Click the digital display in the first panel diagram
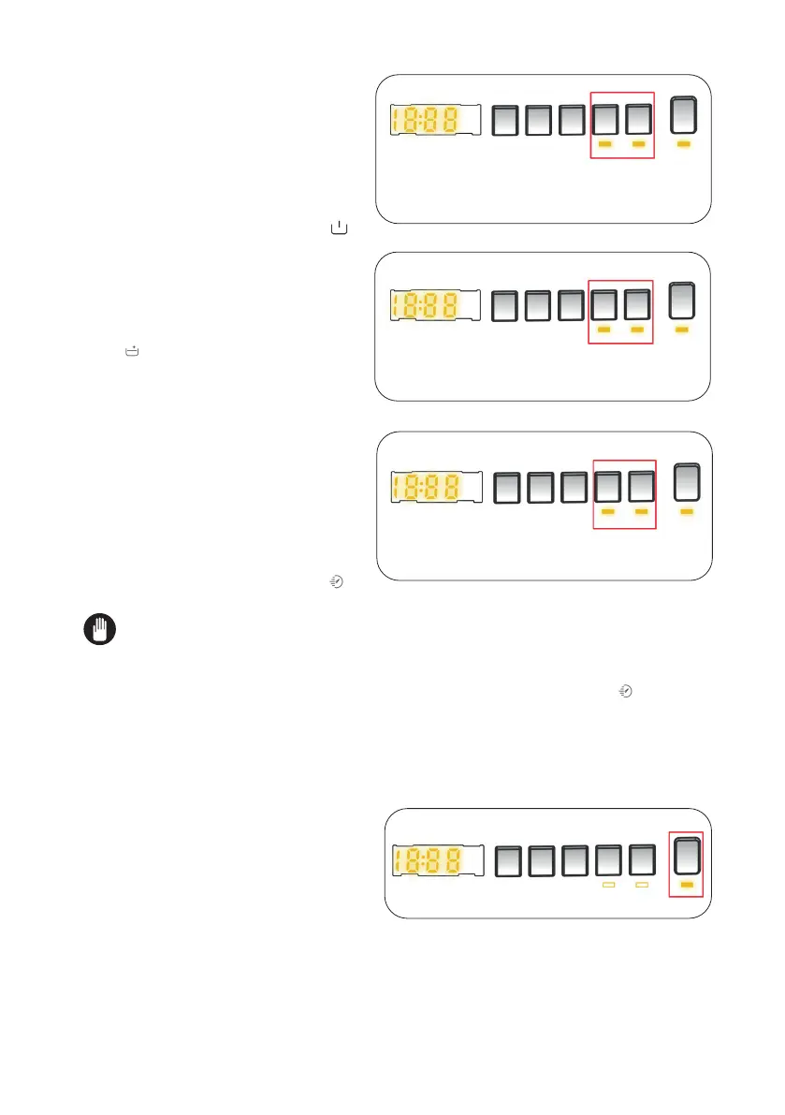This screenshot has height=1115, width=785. pyautogui.click(x=425, y=120)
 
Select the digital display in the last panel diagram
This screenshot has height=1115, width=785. pyautogui.click(x=427, y=862)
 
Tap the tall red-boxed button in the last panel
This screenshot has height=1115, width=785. pyautogui.click(x=688, y=857)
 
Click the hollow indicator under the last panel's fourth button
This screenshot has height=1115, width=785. pyautogui.click(x=608, y=885)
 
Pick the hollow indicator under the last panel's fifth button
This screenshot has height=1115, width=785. pyautogui.click(x=642, y=885)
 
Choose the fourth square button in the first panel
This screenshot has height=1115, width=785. pyautogui.click(x=605, y=120)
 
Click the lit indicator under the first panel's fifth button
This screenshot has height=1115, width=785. pyautogui.click(x=639, y=145)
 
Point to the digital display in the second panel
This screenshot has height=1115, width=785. pyautogui.click(x=425, y=305)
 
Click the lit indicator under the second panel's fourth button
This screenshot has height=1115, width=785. pyautogui.click(x=603, y=330)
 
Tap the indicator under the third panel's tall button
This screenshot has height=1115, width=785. pyautogui.click(x=687, y=513)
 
